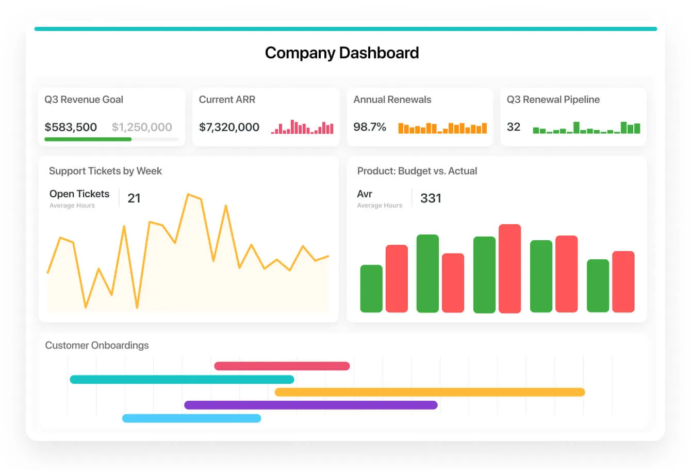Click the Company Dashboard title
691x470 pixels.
(x=341, y=53)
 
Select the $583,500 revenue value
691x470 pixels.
(x=71, y=127)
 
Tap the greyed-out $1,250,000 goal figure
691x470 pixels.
(x=142, y=127)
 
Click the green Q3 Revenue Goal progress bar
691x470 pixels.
(x=88, y=139)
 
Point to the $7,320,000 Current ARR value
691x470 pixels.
(x=229, y=127)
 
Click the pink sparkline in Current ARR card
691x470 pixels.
(x=302, y=128)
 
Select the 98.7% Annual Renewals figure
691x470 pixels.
(x=369, y=127)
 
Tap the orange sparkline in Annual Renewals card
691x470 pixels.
(x=442, y=128)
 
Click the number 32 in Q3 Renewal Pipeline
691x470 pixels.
(x=513, y=127)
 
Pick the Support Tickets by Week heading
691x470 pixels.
(x=105, y=171)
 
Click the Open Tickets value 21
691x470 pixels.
(x=134, y=198)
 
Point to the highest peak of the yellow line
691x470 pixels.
(x=188, y=195)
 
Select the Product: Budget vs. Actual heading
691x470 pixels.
(x=417, y=171)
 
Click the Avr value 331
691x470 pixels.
(x=431, y=198)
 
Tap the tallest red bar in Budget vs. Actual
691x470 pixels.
(x=509, y=269)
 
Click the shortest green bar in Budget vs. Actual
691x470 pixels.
(x=371, y=289)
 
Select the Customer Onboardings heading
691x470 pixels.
(x=97, y=346)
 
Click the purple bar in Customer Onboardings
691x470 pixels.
(x=310, y=405)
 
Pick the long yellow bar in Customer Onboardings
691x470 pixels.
(x=430, y=392)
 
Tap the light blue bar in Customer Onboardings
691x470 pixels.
(x=191, y=418)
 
